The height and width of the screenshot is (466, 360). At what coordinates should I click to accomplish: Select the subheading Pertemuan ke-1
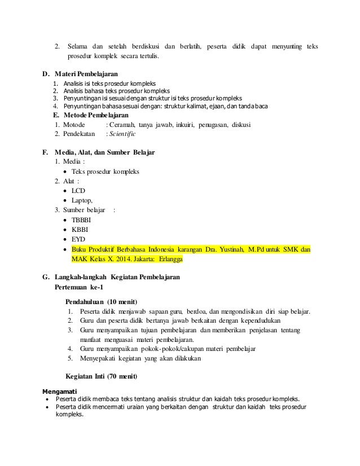(x=80, y=287)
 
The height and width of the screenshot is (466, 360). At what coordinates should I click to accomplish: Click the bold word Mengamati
(x=60, y=390)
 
